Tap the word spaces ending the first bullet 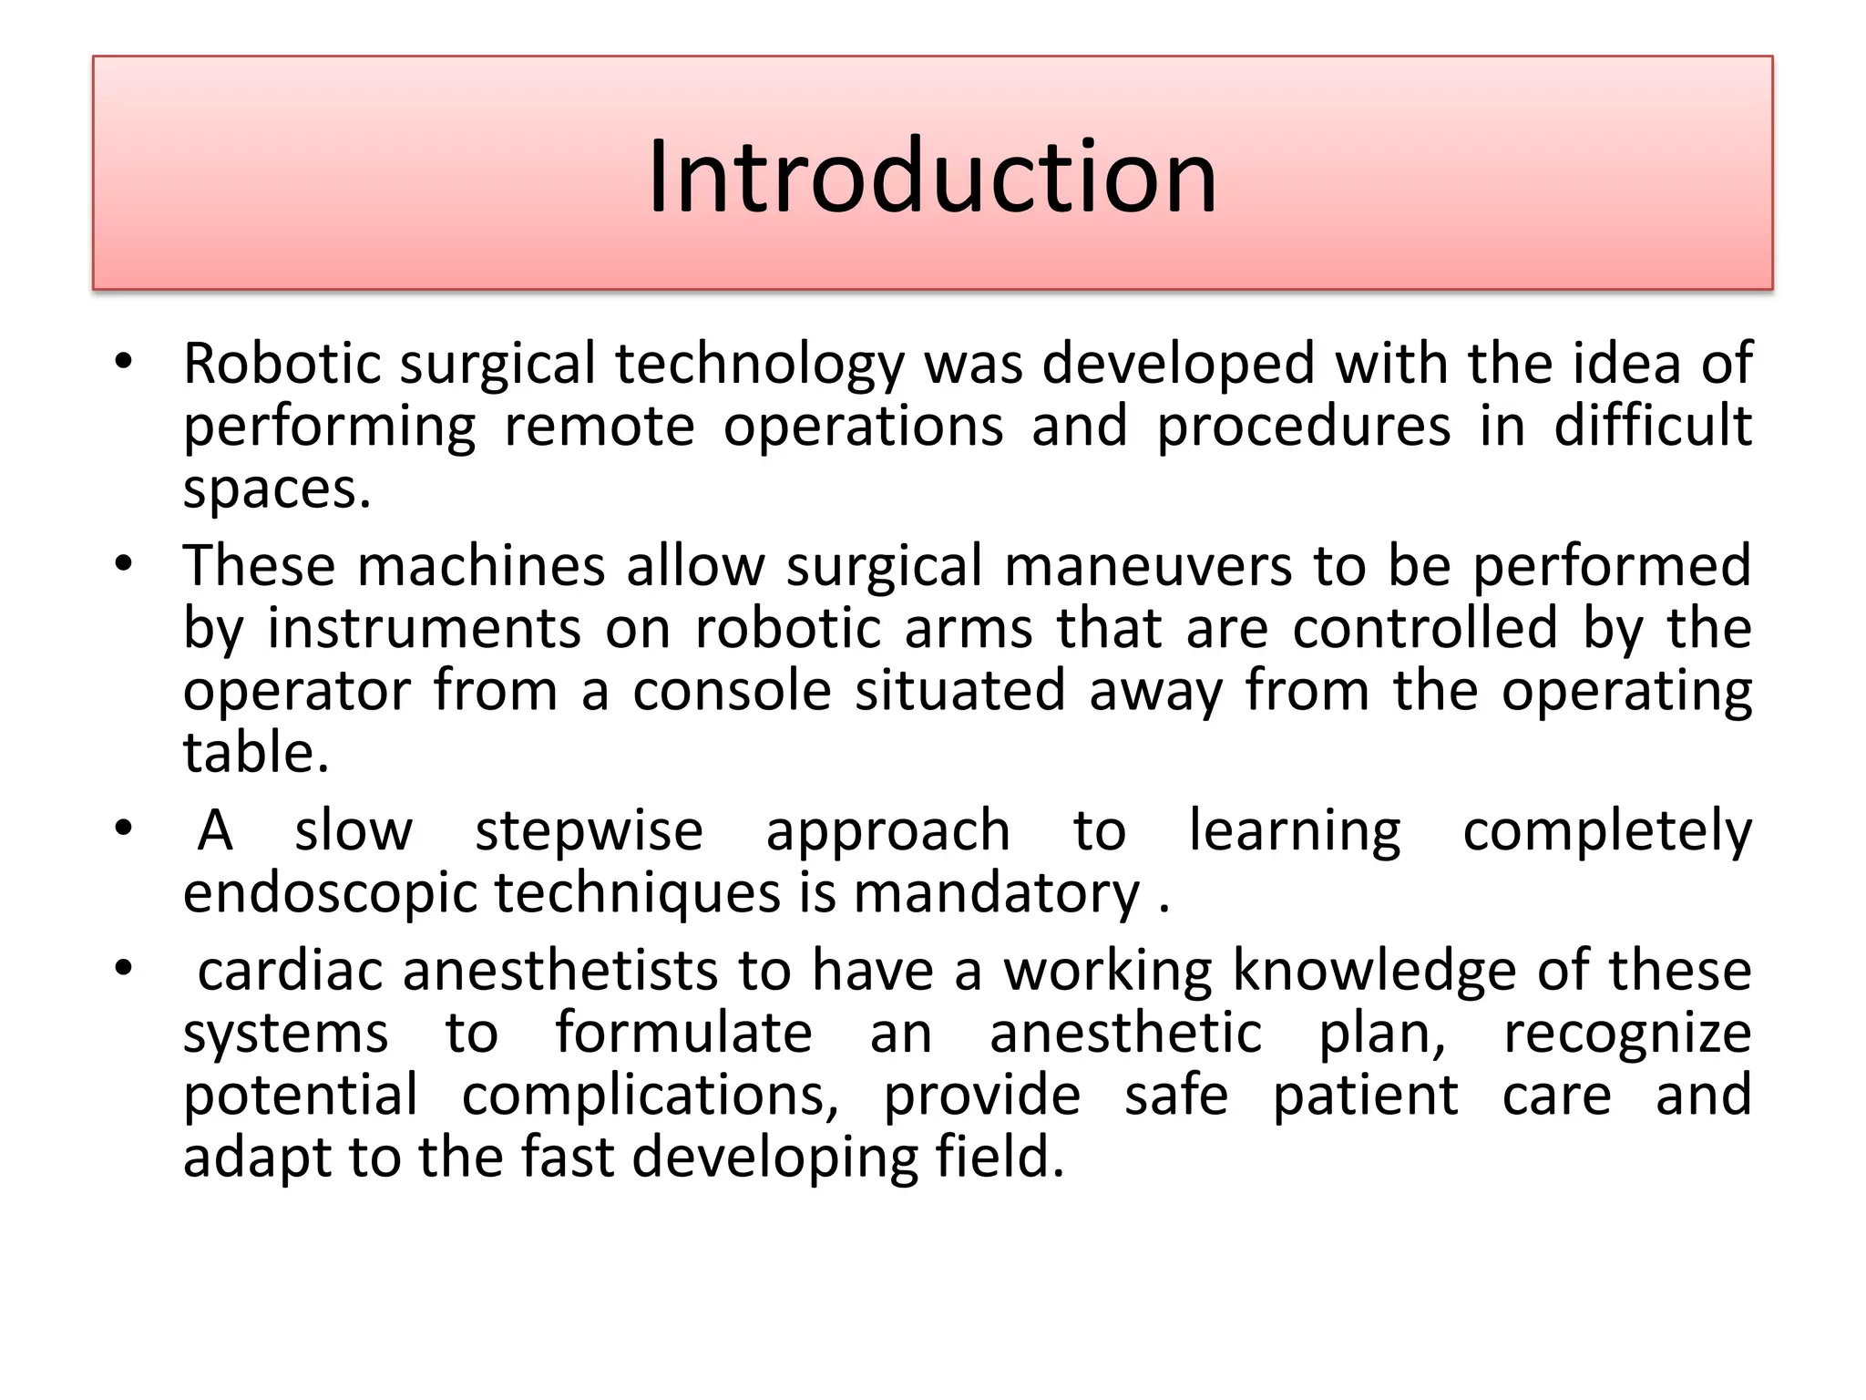(276, 489)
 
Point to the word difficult (1652, 426)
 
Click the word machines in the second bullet (481, 566)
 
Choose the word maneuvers (1148, 566)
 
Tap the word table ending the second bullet (255, 753)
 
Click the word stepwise (589, 830)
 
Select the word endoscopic (330, 892)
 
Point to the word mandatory (996, 892)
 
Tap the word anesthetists (560, 970)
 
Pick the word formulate (683, 1033)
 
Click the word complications (650, 1095)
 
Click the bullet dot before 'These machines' (124, 564)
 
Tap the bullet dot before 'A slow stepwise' (124, 829)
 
